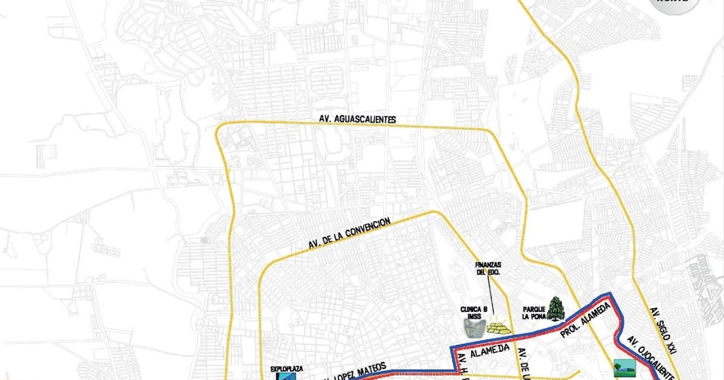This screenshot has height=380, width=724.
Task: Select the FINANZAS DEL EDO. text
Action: point(488,268)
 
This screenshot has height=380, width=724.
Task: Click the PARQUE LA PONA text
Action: point(534,312)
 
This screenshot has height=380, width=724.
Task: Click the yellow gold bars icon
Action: point(498,326)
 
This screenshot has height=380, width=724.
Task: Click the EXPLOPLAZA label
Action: point(287,367)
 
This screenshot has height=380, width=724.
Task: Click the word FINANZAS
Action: point(488,264)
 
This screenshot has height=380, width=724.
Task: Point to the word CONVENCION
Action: point(364,229)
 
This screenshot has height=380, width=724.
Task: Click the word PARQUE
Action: point(534,308)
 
